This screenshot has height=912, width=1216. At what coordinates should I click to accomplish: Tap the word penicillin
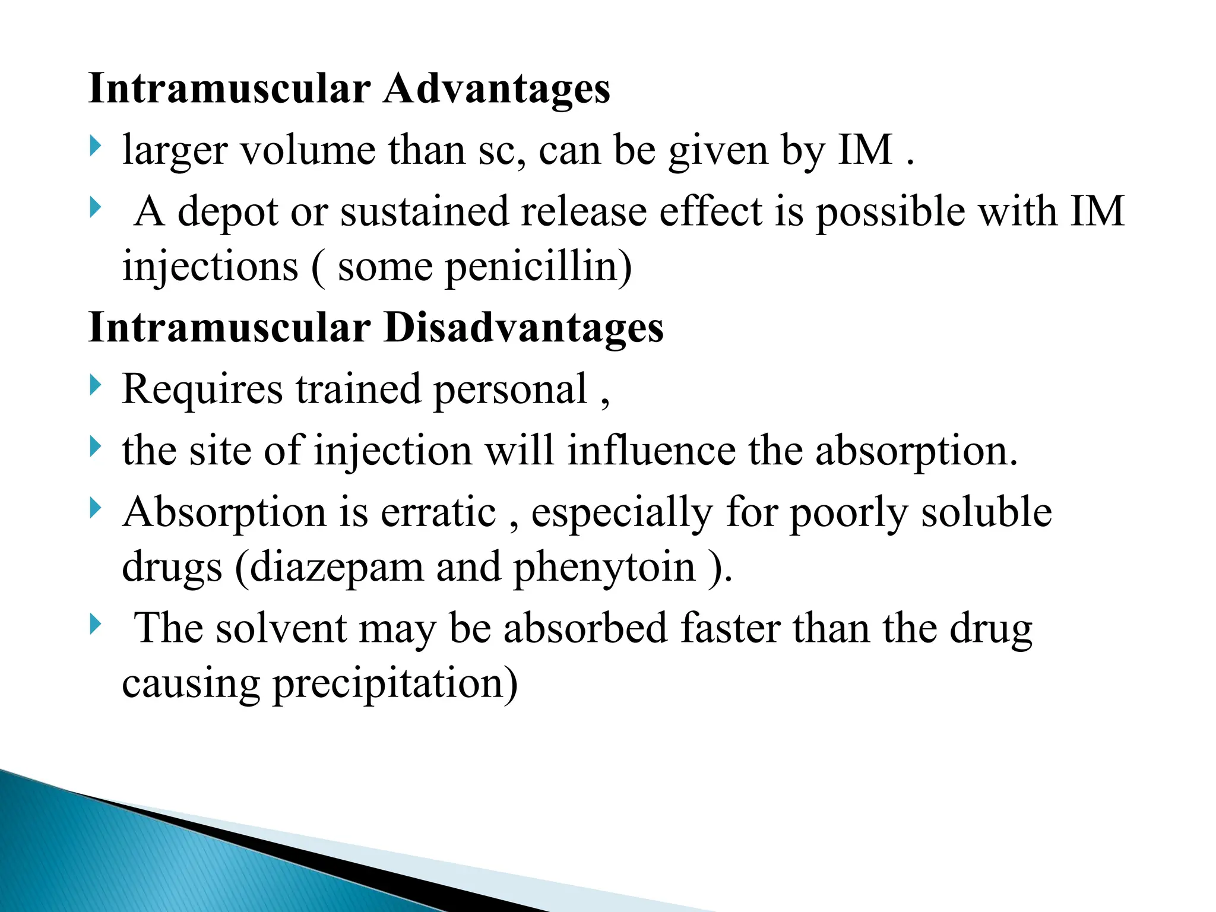pos(538,267)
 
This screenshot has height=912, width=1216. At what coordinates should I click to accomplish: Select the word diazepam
pos(337,567)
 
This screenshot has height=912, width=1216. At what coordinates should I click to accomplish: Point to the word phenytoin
pos(604,567)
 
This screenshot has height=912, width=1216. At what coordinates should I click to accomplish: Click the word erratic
pos(438,512)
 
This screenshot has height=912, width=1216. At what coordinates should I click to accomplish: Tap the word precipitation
pos(395,683)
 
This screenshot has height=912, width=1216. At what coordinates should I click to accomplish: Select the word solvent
pos(280,629)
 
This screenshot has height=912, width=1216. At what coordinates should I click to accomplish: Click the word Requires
pos(202,389)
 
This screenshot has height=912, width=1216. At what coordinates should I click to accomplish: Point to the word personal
pos(510,391)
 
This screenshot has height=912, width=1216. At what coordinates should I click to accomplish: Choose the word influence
pos(651,451)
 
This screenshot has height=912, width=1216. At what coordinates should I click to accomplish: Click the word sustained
pos(424,212)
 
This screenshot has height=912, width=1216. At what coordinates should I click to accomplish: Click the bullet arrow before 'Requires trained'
pos(95,386)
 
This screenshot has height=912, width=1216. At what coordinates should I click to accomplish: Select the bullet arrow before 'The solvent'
pos(95,625)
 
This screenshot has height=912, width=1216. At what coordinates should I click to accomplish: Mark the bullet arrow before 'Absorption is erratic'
pos(95,508)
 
